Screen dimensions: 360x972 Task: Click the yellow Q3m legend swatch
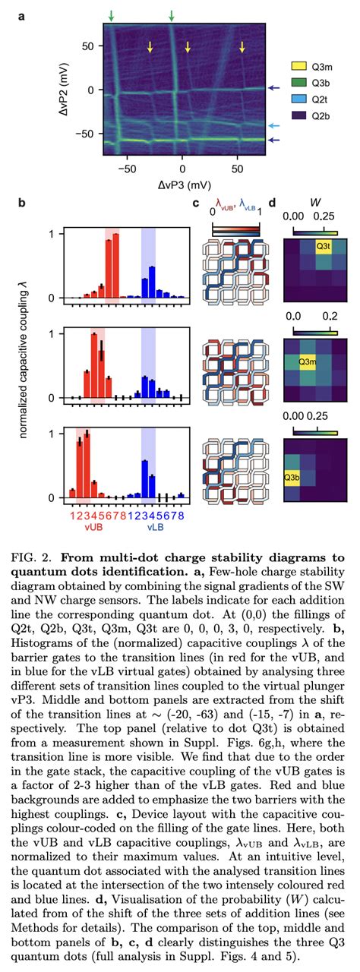coord(298,66)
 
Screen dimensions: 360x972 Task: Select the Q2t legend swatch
coord(298,99)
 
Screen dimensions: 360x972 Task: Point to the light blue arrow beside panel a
coord(273,126)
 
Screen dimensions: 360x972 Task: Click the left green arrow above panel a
coord(112,16)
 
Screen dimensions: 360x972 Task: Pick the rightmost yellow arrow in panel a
coord(242,46)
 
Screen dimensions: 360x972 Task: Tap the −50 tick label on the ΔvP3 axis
coord(127,169)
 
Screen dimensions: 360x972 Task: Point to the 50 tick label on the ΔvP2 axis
coord(88,46)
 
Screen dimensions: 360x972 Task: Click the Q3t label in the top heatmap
coord(324,247)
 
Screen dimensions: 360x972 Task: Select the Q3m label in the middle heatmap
coord(308,361)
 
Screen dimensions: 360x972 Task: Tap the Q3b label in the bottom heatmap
coord(292,478)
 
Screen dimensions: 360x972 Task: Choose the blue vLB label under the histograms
coord(155,527)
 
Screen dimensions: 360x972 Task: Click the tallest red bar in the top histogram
coord(115,266)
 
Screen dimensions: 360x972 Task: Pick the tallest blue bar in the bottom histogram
coord(145,479)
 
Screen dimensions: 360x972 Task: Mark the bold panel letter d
coord(273,203)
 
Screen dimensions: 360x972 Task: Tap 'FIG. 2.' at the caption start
coord(30,557)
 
